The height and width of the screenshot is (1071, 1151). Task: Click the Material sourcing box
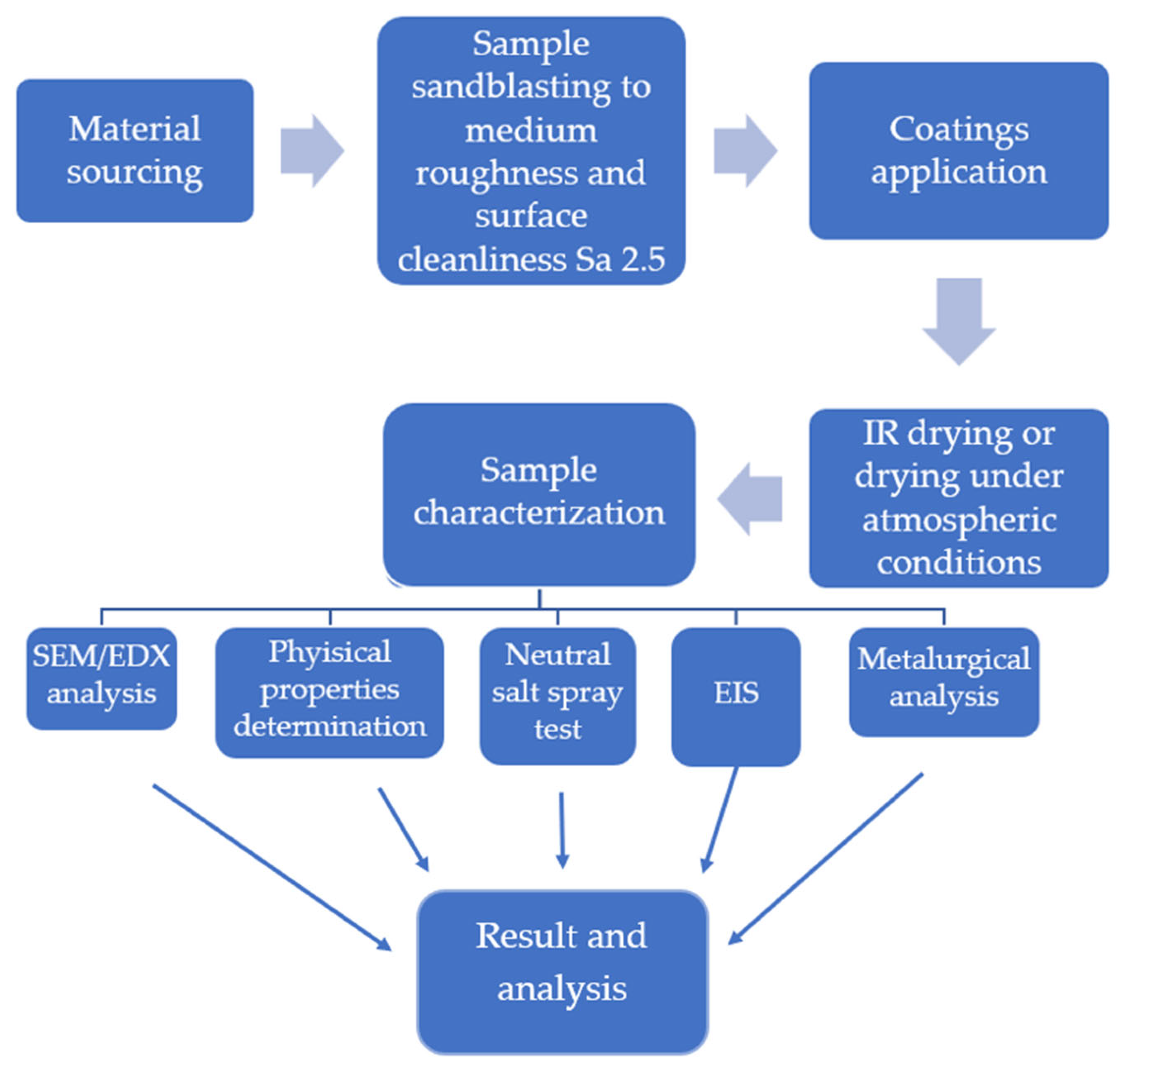click(135, 151)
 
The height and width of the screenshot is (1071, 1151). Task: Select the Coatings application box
click(958, 151)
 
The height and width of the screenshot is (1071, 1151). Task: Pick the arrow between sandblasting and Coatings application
click(744, 151)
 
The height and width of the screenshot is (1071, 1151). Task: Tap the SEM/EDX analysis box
click(101, 678)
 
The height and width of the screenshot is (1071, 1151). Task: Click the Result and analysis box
click(562, 971)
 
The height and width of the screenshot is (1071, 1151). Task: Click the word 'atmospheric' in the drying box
click(959, 520)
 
